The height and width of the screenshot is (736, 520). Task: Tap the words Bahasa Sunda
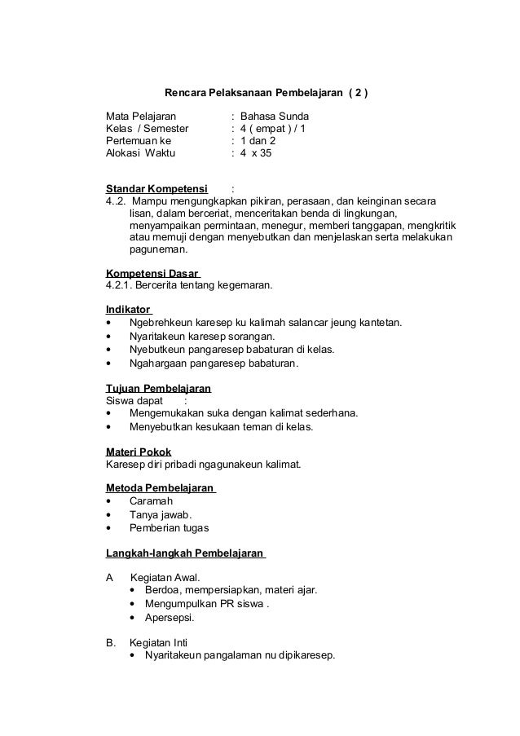coord(275,117)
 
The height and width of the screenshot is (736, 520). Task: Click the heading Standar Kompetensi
coord(156,190)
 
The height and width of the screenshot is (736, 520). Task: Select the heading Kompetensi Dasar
coord(152,273)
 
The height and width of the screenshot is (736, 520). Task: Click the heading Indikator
coord(128,310)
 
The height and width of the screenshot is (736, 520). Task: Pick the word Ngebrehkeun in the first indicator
coord(161,323)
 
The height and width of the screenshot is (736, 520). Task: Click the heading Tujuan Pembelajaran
coord(159,388)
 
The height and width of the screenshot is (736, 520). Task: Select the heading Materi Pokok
coord(139,452)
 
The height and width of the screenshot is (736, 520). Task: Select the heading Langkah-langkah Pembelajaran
coord(184,553)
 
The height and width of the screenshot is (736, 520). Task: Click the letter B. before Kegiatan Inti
coord(111,642)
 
